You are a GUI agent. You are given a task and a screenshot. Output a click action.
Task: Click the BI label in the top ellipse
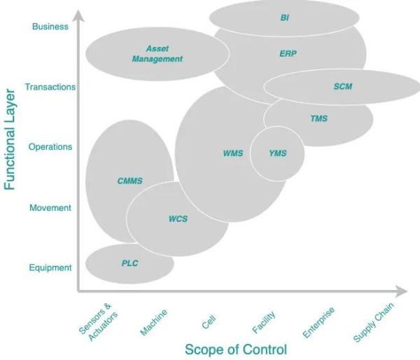(284, 18)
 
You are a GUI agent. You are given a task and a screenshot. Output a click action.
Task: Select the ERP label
(288, 53)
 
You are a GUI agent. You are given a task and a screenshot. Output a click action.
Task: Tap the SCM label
(343, 87)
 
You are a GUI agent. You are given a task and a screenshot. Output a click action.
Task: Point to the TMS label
(318, 118)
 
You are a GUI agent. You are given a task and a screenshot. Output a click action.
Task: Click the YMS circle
(277, 153)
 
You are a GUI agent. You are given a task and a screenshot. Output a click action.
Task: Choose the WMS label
(232, 153)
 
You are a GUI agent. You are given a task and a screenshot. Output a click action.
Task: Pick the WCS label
(178, 219)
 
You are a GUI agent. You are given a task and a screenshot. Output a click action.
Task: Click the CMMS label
(129, 181)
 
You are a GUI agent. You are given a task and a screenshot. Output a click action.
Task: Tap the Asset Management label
(157, 54)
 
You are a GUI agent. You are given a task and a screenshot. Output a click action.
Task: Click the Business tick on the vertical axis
(50, 27)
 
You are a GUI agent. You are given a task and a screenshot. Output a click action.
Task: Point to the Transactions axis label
(50, 87)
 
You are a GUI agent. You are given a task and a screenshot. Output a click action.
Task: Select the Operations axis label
(50, 147)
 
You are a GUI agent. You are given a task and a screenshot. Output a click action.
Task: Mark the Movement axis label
(50, 208)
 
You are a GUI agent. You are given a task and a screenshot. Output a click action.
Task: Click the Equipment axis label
(50, 268)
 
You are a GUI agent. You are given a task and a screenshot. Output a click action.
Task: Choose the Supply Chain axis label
(374, 321)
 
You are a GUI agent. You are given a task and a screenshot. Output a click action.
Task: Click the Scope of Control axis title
(236, 349)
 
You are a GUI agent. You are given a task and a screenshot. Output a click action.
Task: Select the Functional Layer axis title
(10, 139)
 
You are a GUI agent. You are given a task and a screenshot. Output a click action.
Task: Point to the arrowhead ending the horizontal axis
(402, 290)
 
